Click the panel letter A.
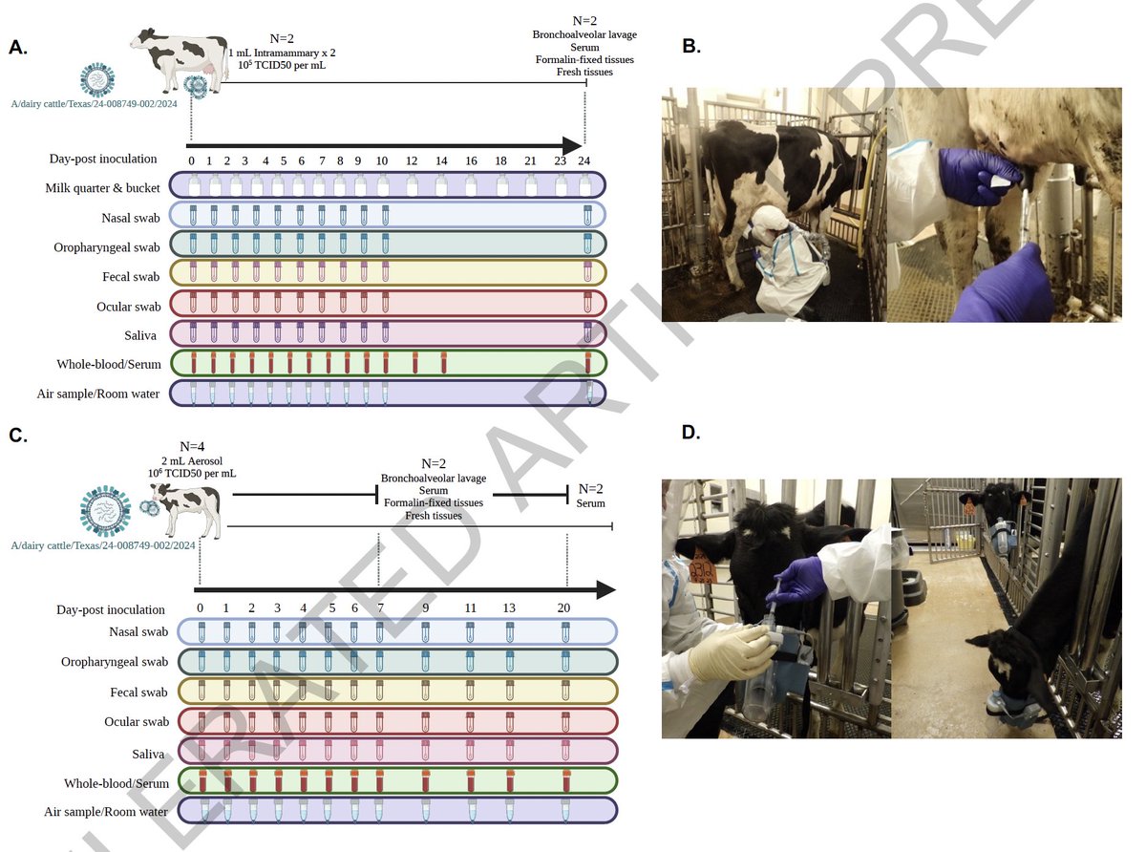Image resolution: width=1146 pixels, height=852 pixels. pos(18,48)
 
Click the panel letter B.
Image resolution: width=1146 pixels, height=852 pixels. pos(691,46)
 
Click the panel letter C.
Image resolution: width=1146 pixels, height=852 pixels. pos(18,436)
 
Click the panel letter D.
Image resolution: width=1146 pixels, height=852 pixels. pos(691,433)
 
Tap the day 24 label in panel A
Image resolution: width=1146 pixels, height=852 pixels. pos(584,160)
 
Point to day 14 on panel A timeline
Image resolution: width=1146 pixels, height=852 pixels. pos(441,160)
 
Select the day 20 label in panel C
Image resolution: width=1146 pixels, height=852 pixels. pos(565,607)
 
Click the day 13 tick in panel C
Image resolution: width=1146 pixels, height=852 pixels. pos(509,607)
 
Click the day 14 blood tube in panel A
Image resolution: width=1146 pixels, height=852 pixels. pos(443,363)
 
